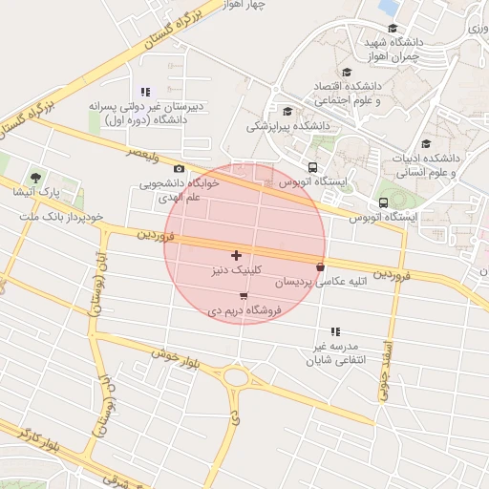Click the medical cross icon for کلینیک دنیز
point(236,255)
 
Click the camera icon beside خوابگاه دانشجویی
point(179,169)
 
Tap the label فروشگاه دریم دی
point(244,310)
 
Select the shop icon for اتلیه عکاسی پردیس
point(319,267)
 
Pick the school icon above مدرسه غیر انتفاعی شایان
point(334,330)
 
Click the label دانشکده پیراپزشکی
point(288,125)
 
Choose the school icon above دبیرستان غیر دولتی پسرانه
point(145,93)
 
